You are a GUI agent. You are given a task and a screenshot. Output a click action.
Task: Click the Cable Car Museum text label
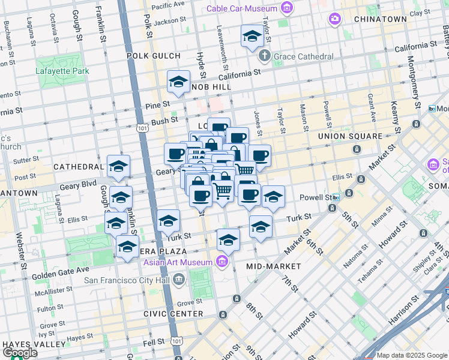pos(242,8)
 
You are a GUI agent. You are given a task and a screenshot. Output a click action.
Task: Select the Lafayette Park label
pos(62,71)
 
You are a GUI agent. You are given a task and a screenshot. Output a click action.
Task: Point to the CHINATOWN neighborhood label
pos(381,19)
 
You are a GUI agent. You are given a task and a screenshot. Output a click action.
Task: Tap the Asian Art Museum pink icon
pos(223,262)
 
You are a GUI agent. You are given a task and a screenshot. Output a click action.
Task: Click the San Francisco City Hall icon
pos(179,279)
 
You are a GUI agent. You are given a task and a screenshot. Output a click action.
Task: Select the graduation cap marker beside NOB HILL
pos(178,82)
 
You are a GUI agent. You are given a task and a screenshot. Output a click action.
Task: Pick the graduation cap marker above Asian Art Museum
pos(228,240)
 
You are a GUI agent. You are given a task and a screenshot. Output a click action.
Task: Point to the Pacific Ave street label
pos(167,5)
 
